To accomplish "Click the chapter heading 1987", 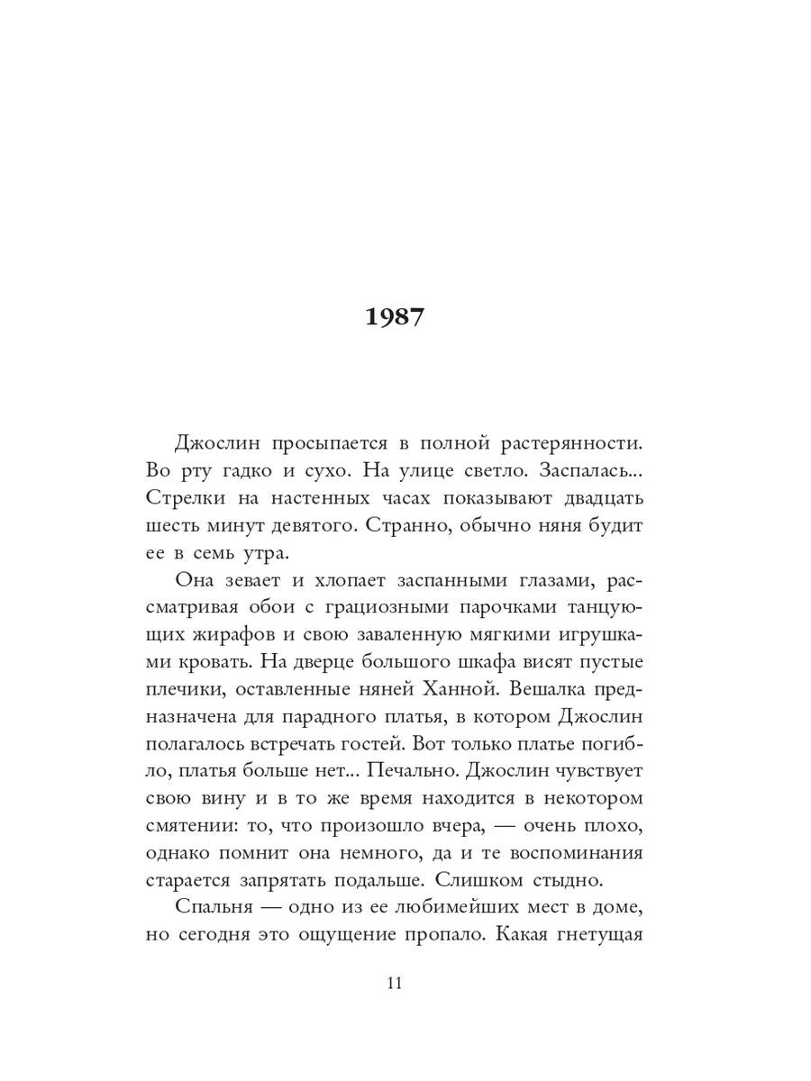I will (395, 318).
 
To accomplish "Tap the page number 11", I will (395, 982).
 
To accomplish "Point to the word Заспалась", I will (595, 471).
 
